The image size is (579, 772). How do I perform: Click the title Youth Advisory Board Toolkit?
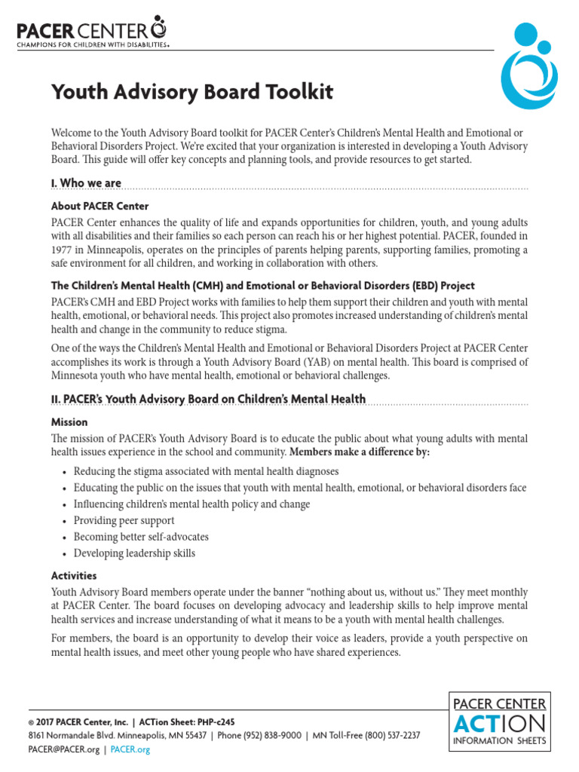click(191, 92)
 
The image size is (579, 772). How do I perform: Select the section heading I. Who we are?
click(86, 183)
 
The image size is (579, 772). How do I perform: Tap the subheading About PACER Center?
click(100, 206)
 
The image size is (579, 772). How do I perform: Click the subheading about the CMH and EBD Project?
click(262, 286)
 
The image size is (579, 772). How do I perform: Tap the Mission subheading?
click(69, 422)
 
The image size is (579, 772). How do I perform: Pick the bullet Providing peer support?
click(124, 520)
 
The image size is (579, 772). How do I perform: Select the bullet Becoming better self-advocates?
click(141, 537)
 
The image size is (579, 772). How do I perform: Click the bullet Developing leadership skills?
click(134, 553)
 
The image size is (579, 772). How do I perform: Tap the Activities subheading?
click(74, 575)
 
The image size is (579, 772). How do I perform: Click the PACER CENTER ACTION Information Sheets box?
click(499, 721)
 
